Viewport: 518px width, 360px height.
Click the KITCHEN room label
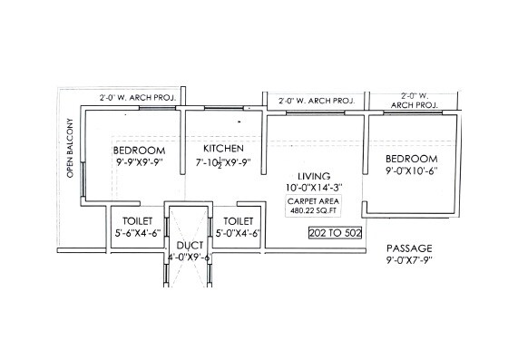pyautogui.click(x=223, y=148)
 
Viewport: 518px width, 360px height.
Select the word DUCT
pyautogui.click(x=189, y=245)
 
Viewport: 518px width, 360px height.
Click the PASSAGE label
pyautogui.click(x=409, y=248)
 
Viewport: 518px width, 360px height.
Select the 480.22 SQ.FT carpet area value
pyautogui.click(x=314, y=209)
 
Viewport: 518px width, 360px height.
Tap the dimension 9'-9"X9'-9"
pyautogui.click(x=139, y=164)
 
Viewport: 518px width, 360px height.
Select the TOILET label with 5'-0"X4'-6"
pyautogui.click(x=239, y=220)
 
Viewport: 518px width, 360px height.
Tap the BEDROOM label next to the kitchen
pyautogui.click(x=139, y=150)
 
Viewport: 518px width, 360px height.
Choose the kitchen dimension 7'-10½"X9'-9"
pyautogui.click(x=223, y=164)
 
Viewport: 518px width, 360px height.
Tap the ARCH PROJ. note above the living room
pyautogui.click(x=315, y=100)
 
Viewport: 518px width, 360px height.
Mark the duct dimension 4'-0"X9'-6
pyautogui.click(x=189, y=258)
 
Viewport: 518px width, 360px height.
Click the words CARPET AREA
pyautogui.click(x=314, y=200)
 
